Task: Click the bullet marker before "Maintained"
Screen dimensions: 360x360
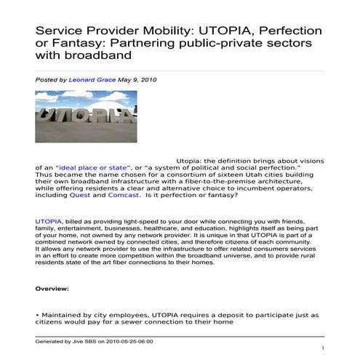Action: [37, 314]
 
